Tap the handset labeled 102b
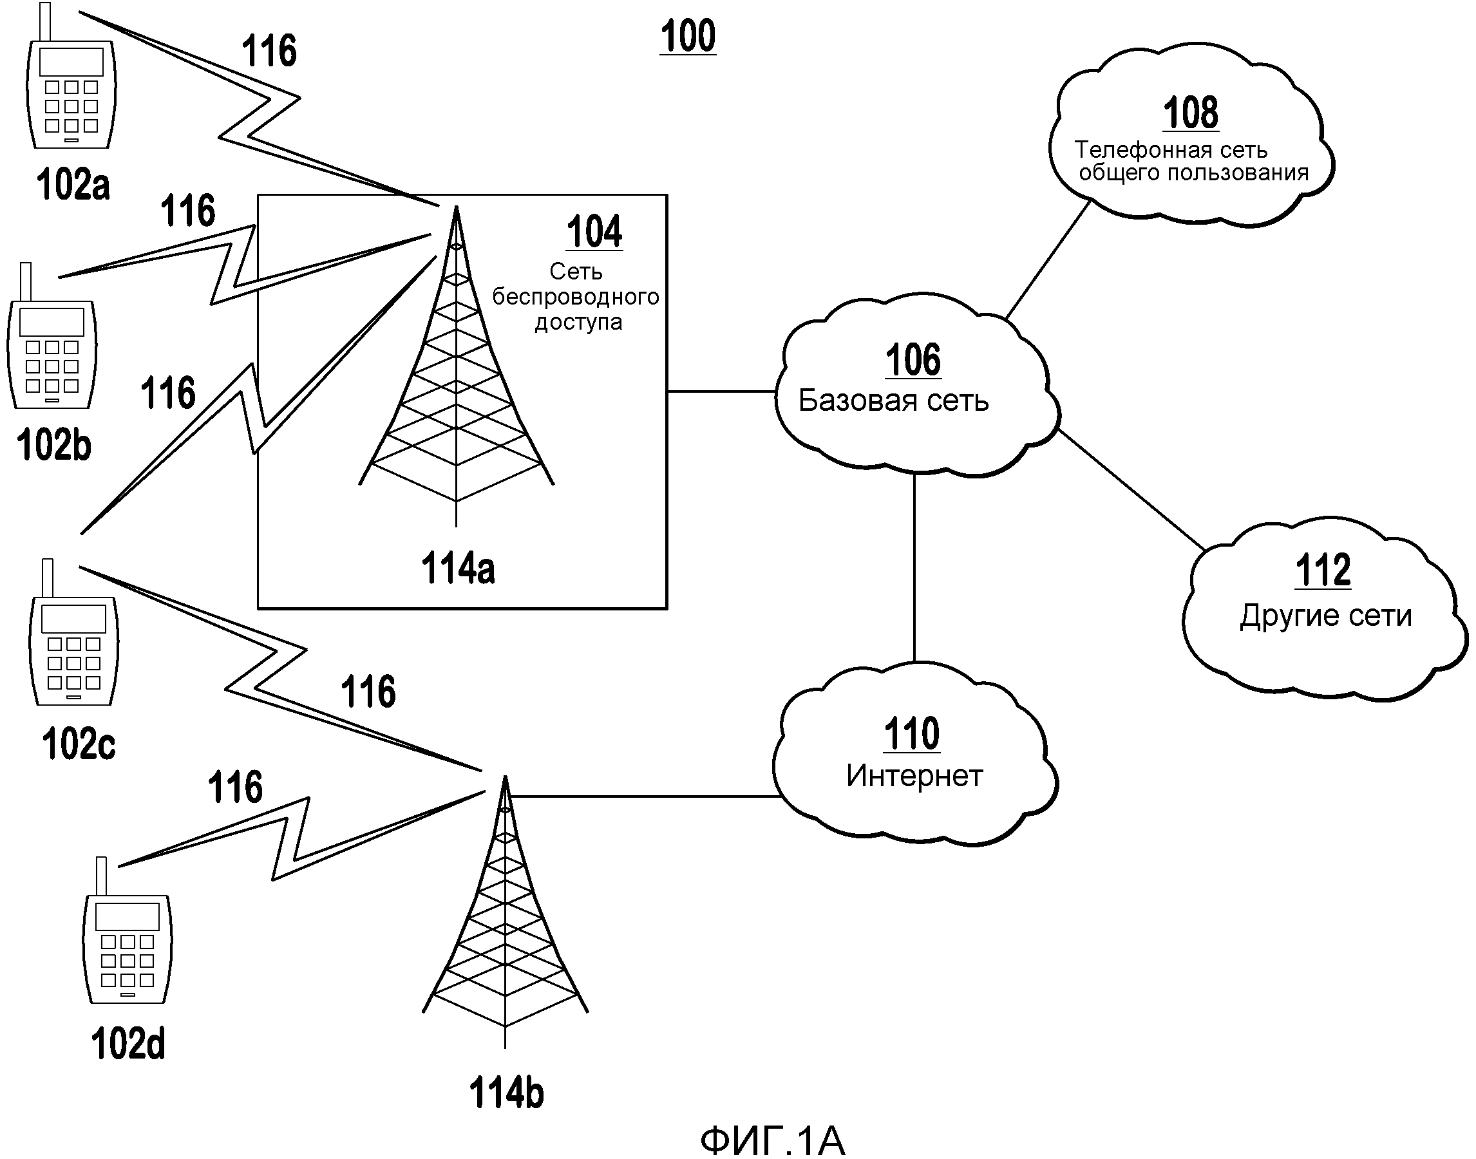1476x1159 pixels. tap(52, 354)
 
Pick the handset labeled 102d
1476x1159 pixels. tap(127, 948)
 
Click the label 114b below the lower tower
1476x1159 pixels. tap(506, 1093)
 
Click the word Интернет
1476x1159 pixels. tap(914, 776)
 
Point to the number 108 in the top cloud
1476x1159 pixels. tap(1190, 113)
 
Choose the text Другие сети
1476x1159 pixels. tap(1325, 616)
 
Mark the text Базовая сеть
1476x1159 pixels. tap(893, 401)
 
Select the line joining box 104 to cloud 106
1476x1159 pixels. tap(721, 391)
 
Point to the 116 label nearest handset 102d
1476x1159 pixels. tap(235, 787)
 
